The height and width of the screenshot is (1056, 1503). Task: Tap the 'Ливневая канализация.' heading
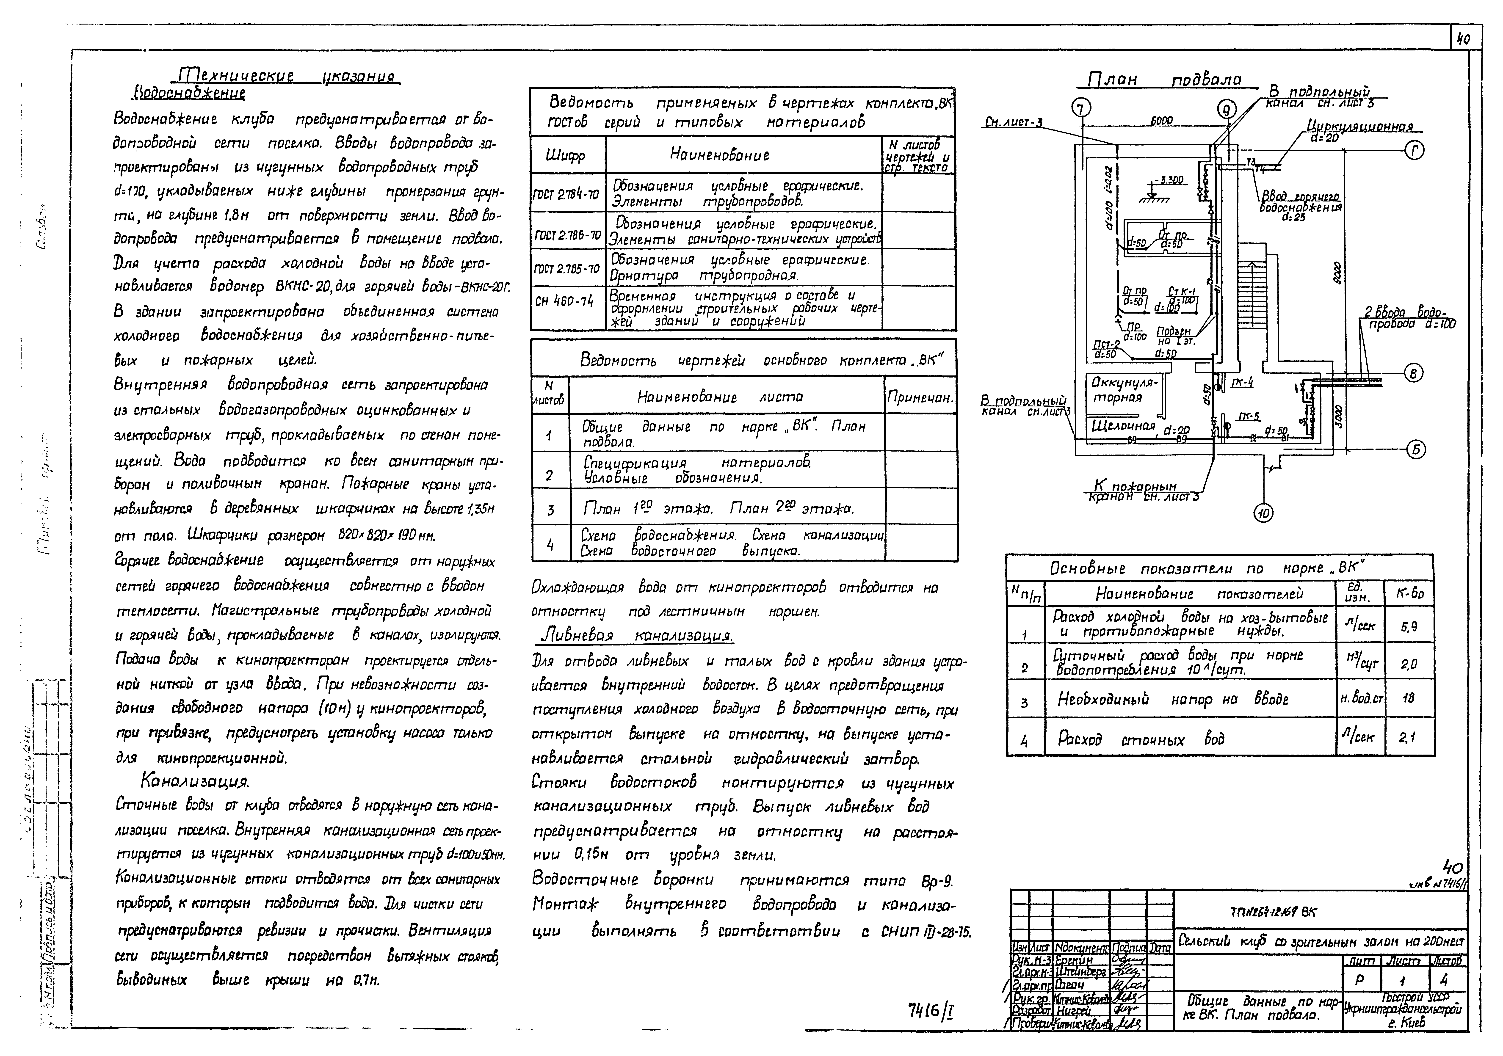[636, 636]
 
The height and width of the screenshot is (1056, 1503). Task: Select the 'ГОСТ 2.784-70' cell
[567, 194]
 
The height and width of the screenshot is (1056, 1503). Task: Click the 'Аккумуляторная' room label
[1121, 389]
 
